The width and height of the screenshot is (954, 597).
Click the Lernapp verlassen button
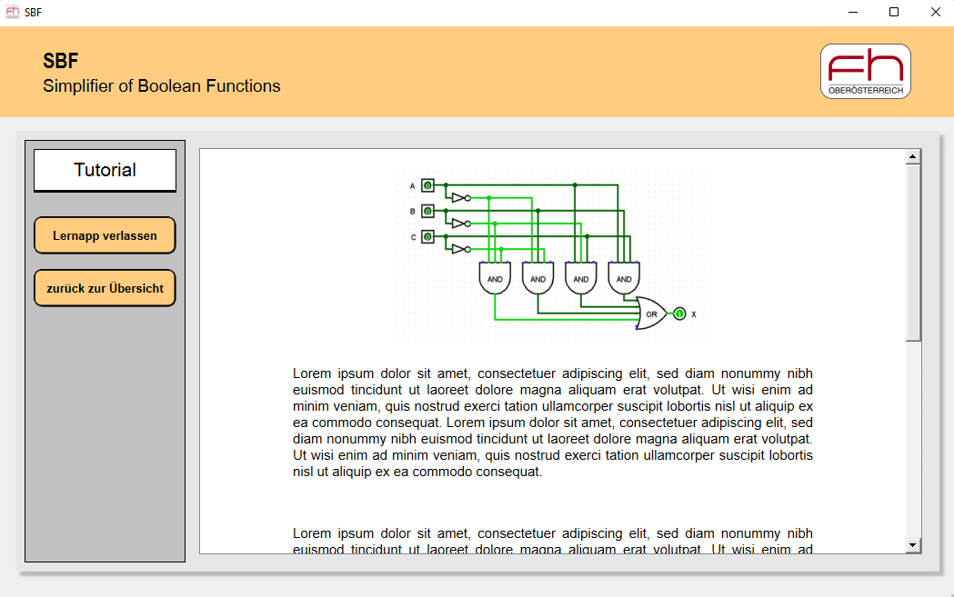coord(105,235)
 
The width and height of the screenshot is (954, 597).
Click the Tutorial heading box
coord(105,170)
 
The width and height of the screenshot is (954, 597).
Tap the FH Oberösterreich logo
coord(865,71)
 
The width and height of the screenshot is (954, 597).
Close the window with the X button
coord(935,13)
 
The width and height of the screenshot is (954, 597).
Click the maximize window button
coord(894,13)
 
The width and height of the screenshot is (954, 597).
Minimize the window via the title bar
coord(853,13)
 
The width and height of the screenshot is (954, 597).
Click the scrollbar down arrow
coord(913,545)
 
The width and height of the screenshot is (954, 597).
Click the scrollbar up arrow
coord(913,157)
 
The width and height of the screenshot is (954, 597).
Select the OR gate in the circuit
coord(650,313)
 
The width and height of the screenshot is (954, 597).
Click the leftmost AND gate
coord(495,278)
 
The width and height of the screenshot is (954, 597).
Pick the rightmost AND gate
coord(624,278)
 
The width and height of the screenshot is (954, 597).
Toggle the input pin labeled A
coord(427,185)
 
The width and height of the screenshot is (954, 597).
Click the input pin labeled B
coord(427,211)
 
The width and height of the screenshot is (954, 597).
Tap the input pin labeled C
coord(427,237)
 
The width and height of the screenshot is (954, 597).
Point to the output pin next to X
coord(679,313)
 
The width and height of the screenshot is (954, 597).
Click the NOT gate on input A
coord(460,197)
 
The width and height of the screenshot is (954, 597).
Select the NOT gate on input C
coord(460,249)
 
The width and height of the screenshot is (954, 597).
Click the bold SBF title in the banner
coord(61,61)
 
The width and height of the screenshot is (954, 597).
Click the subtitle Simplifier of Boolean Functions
coord(162,86)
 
